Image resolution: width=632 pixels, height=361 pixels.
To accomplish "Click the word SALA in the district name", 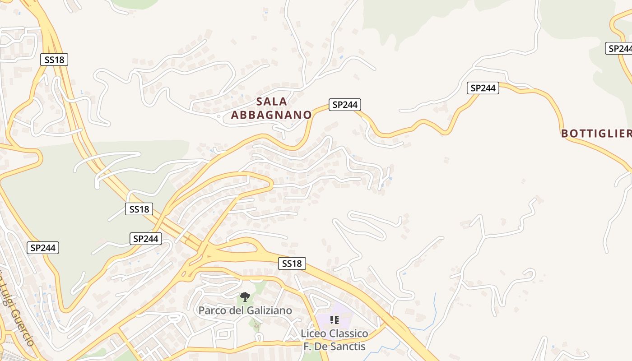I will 272,101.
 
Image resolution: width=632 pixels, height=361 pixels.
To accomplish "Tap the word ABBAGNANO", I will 271,115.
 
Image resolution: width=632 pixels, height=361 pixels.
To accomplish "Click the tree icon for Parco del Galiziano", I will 245,297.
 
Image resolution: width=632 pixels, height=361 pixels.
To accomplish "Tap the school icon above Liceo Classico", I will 335,320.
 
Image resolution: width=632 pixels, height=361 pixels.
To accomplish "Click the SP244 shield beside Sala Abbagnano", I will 344,105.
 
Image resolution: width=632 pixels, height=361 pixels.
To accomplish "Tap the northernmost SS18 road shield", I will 55,60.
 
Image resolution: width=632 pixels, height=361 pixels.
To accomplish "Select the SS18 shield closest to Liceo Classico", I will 292,264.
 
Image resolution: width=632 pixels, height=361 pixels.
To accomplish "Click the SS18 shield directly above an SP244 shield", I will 139,209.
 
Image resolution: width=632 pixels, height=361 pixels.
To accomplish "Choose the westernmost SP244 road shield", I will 43,248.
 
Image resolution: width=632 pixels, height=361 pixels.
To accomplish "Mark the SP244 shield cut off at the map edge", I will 619,48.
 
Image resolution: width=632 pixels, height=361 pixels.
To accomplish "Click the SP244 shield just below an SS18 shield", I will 146,239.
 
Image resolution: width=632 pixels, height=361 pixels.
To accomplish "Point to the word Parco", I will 212,310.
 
